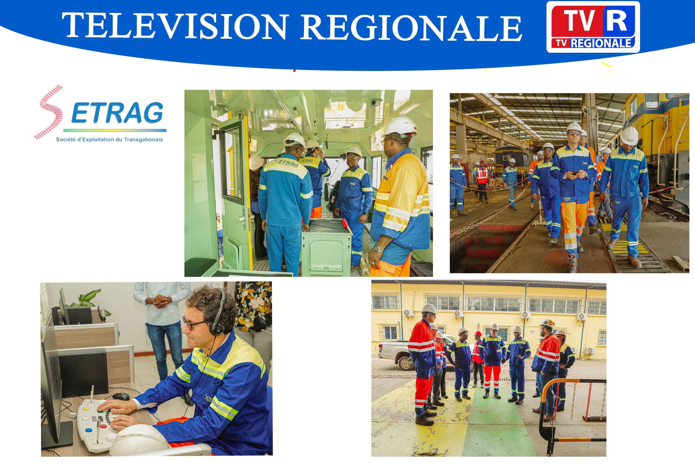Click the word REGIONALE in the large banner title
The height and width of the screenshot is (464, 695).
pyautogui.click(x=411, y=27)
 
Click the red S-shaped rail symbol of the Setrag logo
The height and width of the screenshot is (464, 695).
pyautogui.click(x=49, y=112)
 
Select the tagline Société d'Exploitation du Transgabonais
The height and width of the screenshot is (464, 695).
pyautogui.click(x=109, y=139)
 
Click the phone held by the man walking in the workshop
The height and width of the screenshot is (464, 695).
pyautogui.click(x=575, y=173)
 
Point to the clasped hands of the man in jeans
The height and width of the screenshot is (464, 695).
pyautogui.click(x=160, y=302)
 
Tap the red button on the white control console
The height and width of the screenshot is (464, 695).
pyautogui.click(x=104, y=426)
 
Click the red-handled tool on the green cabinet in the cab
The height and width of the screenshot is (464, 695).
pyautogui.click(x=347, y=226)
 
